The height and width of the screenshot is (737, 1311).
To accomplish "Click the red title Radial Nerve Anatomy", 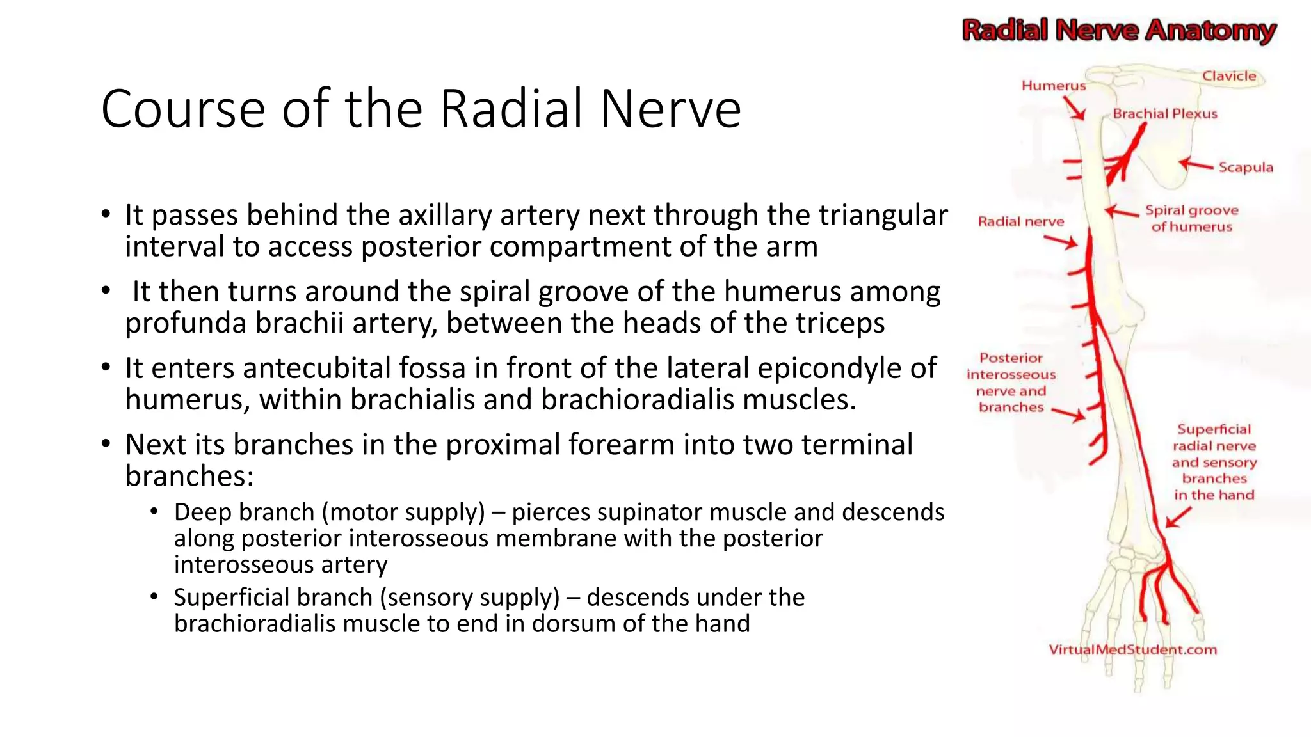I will coord(1119,30).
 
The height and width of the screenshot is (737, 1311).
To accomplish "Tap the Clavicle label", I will coord(1228,76).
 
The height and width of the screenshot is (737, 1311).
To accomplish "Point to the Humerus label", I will coord(1053,86).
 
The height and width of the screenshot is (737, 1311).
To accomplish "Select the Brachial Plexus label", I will coord(1164,114).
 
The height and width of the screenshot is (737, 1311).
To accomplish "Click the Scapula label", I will coord(1245,168).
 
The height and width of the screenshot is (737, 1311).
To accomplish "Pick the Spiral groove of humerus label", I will coord(1191,218).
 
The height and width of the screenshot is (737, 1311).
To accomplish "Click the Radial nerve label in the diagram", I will coord(1020,222).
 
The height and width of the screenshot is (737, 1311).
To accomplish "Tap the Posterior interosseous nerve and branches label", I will coord(1011,383).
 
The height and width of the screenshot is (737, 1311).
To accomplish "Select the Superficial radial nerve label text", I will coord(1214,438).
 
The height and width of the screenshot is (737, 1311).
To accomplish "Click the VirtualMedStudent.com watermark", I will coord(1132,650).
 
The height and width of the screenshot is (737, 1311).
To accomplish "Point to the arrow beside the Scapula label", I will coord(1195,165).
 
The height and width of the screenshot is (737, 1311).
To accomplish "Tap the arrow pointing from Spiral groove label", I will coord(1122,212).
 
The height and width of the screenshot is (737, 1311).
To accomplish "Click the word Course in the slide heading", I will coord(182,109).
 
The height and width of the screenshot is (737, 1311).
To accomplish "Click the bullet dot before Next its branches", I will coord(106,444).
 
